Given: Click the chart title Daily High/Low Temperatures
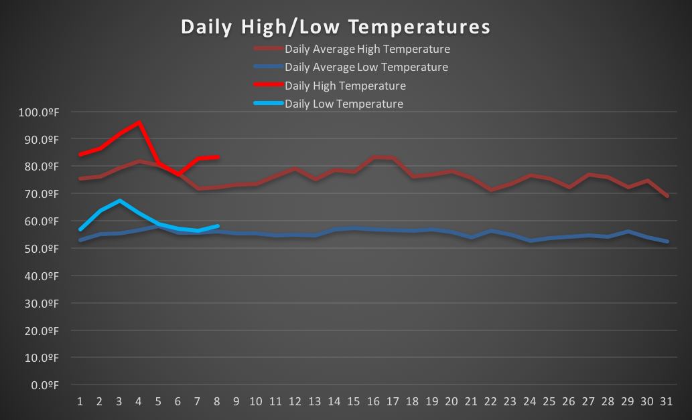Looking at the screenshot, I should coord(335,27).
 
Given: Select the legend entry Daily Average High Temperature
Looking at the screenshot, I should coord(367,49).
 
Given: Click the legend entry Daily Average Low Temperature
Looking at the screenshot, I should coord(366,67).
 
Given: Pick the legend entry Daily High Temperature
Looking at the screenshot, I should coord(345,86).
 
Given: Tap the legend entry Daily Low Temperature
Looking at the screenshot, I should coord(344,104).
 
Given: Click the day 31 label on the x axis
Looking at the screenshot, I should coord(667,401).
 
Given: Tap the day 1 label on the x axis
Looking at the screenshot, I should coord(80,401).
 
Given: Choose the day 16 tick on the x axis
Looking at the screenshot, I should coord(373,401).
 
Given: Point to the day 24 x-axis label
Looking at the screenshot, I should coord(530,401).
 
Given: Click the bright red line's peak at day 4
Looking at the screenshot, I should coord(139,122).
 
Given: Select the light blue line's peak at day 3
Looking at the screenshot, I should coord(119,201).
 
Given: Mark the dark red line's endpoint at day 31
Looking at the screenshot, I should coord(667,196).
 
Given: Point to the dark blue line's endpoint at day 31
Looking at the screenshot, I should coord(667,241).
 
